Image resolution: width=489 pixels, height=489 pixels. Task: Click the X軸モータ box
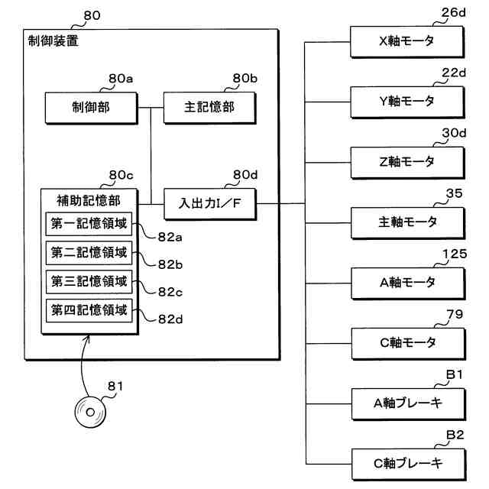tap(407, 41)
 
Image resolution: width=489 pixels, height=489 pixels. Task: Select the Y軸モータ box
tap(407, 101)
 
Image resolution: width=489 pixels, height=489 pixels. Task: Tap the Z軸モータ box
tap(407, 161)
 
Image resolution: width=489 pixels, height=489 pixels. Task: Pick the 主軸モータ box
tap(407, 222)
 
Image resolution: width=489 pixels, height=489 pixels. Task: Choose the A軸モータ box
tap(407, 282)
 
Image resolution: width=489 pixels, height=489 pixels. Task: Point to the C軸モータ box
tap(407, 342)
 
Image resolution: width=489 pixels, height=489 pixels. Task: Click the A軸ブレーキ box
tap(407, 402)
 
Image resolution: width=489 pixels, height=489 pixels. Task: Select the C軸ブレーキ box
tap(407, 462)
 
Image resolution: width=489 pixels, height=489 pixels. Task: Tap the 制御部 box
tap(91, 107)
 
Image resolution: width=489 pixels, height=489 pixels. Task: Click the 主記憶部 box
tap(199, 107)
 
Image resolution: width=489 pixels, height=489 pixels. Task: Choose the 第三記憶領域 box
tap(89, 281)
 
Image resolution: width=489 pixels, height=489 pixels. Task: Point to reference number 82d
tap(170, 319)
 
